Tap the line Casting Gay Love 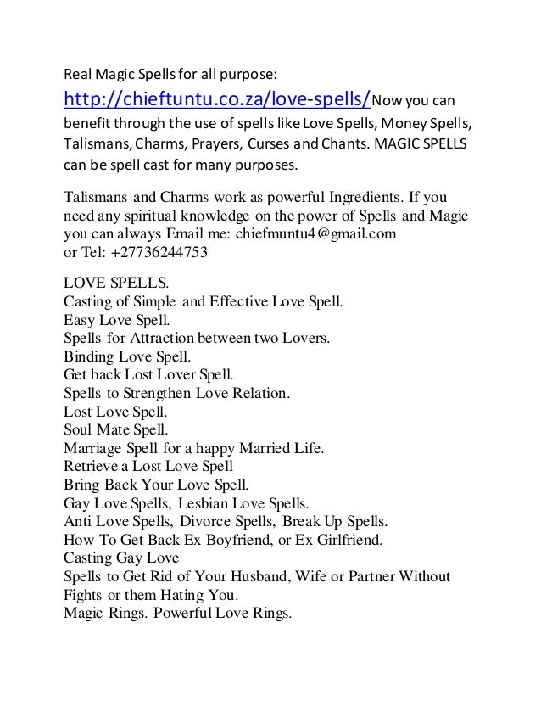pyautogui.click(x=122, y=558)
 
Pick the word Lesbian pyautogui.click(x=210, y=503)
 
